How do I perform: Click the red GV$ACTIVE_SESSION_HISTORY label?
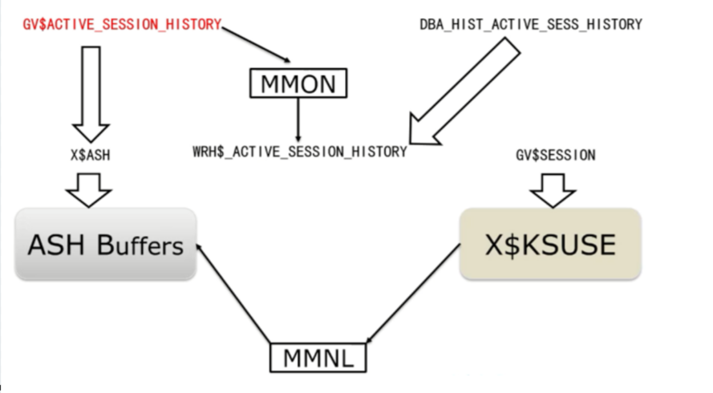pos(122,24)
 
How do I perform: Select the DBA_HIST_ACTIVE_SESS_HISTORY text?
pos(531,24)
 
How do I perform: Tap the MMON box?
pos(298,83)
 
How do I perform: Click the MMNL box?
pos(318,358)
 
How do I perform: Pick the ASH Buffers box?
pos(106,244)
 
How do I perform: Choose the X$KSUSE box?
pos(550,244)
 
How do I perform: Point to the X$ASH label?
pos(90,155)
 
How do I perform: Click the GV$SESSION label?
pos(555,155)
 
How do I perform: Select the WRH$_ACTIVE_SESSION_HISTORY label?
pos(300,152)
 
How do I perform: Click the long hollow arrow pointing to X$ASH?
pos(91,94)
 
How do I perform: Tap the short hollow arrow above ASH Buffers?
pos(89,190)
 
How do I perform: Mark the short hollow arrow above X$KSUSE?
pos(553,190)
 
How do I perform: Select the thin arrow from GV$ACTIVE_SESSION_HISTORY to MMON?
pos(256,45)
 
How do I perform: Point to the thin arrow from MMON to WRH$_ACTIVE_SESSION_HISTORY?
pos(298,120)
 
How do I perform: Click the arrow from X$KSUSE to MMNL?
pos(413,294)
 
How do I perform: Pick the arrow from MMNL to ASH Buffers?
pos(233,294)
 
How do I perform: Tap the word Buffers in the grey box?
pos(140,245)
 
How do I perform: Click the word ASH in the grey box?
pos(56,245)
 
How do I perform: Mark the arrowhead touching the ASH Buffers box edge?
pos(199,248)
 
